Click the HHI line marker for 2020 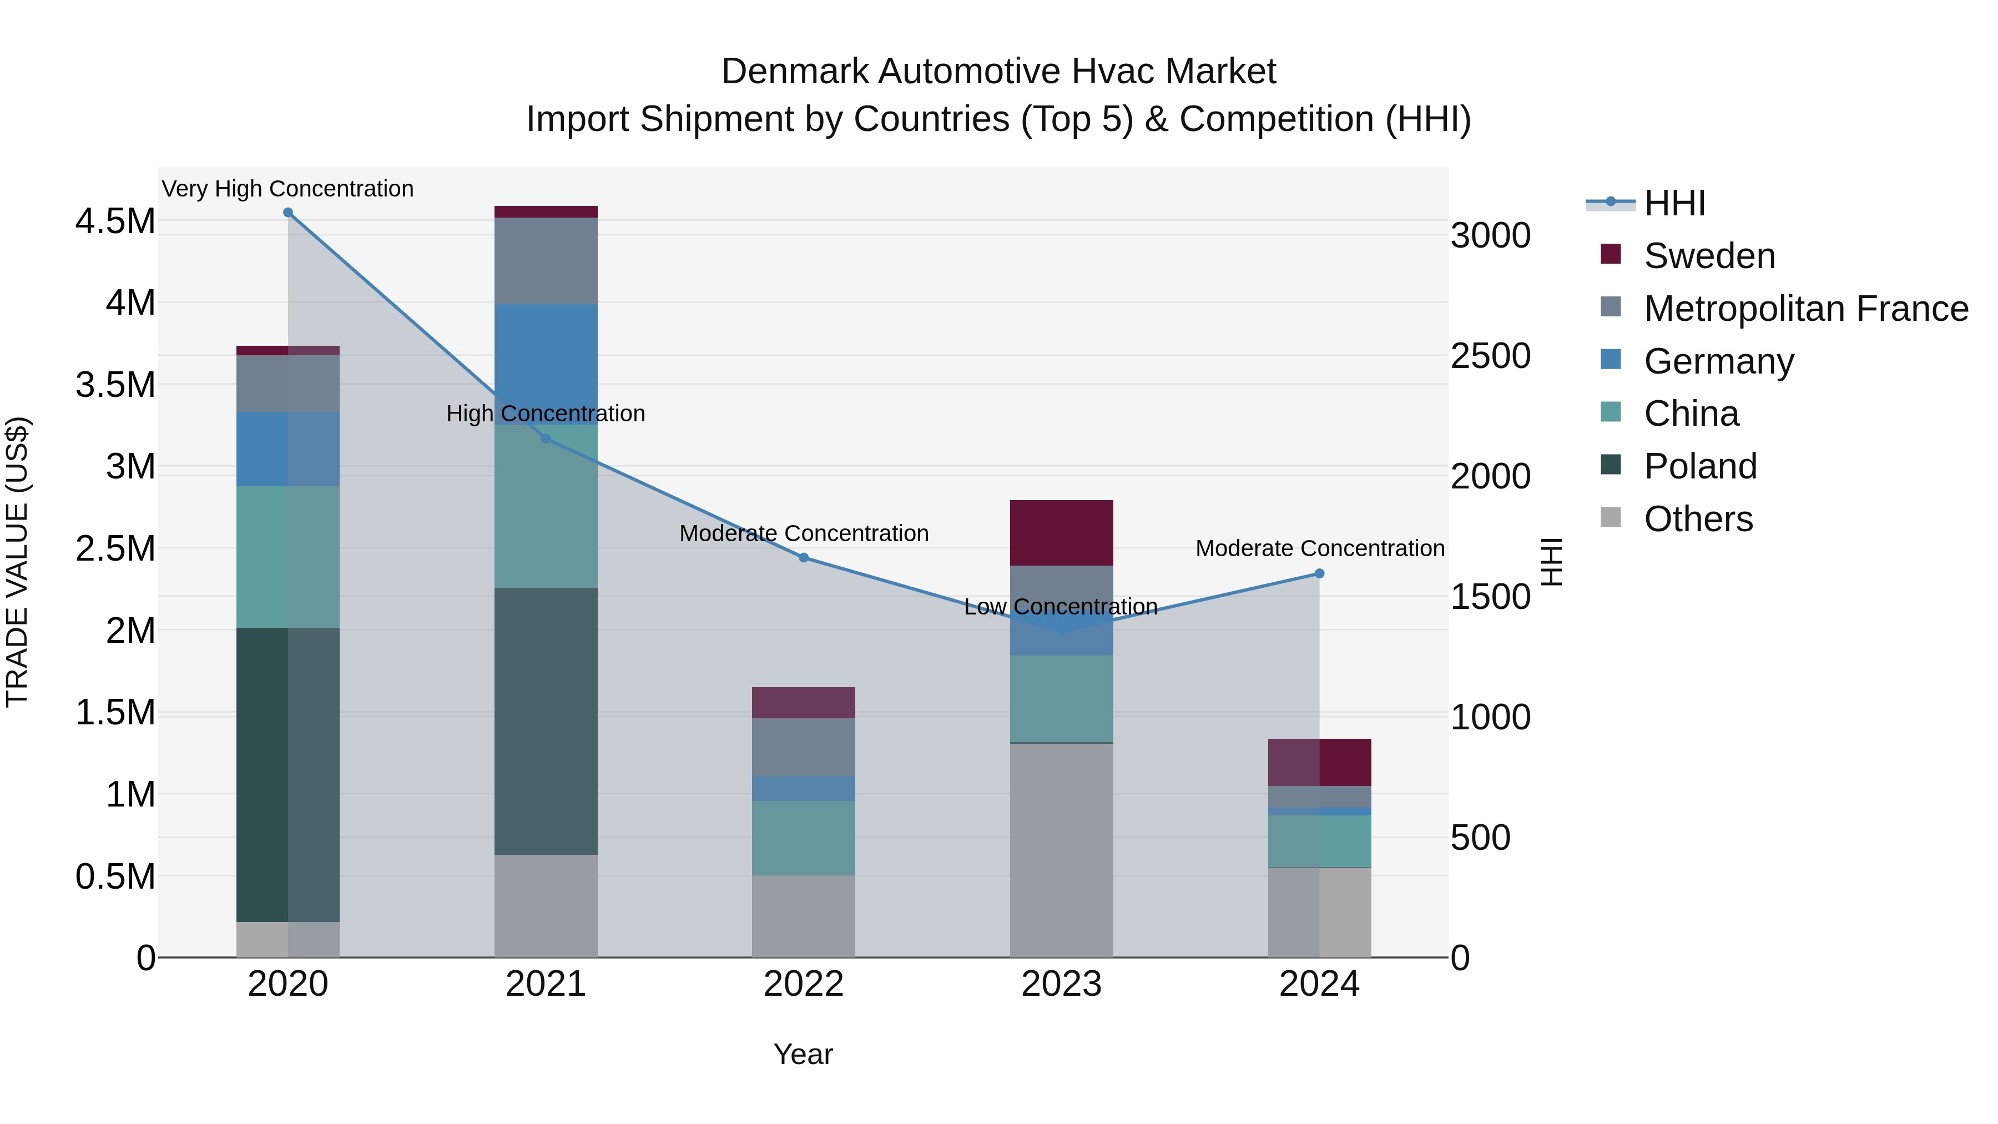pos(287,213)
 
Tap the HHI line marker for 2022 pos(804,558)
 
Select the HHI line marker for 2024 pos(1319,574)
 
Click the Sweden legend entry pos(1709,256)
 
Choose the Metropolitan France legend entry pos(1805,309)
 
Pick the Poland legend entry pos(1699,466)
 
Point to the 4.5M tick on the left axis pos(115,221)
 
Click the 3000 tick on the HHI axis pos(1490,236)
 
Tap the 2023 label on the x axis pos(1061,984)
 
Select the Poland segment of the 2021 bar pos(546,722)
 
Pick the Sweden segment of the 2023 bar pos(1061,533)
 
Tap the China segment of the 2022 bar pos(804,838)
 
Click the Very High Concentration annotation pos(287,189)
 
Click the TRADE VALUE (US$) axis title pos(17,562)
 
